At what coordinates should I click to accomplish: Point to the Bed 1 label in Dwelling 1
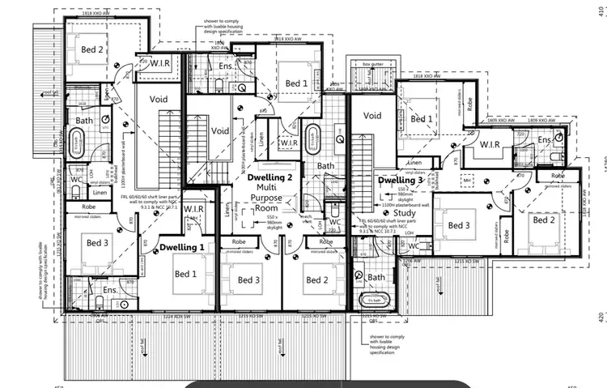(185, 274)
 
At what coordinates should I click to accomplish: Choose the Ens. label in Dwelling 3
(545, 139)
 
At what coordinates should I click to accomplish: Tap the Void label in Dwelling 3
(371, 116)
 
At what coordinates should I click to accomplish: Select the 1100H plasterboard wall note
(402, 207)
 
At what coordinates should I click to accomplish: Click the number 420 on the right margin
(598, 318)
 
